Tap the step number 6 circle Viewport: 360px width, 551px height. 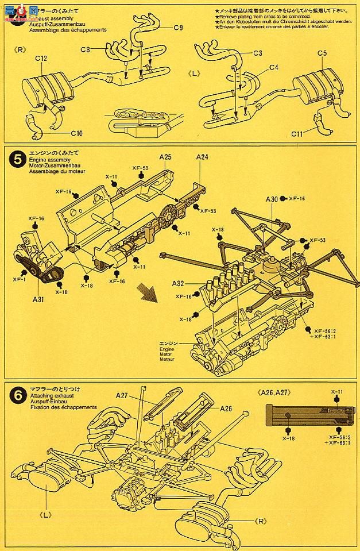point(13,395)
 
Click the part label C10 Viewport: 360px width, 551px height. point(76,133)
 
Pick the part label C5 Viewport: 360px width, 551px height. point(322,53)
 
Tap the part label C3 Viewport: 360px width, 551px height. point(258,53)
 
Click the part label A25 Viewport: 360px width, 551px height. point(167,156)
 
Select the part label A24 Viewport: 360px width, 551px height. point(202,156)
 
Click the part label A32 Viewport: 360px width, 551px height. point(177,283)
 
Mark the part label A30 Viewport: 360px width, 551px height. point(272,199)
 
